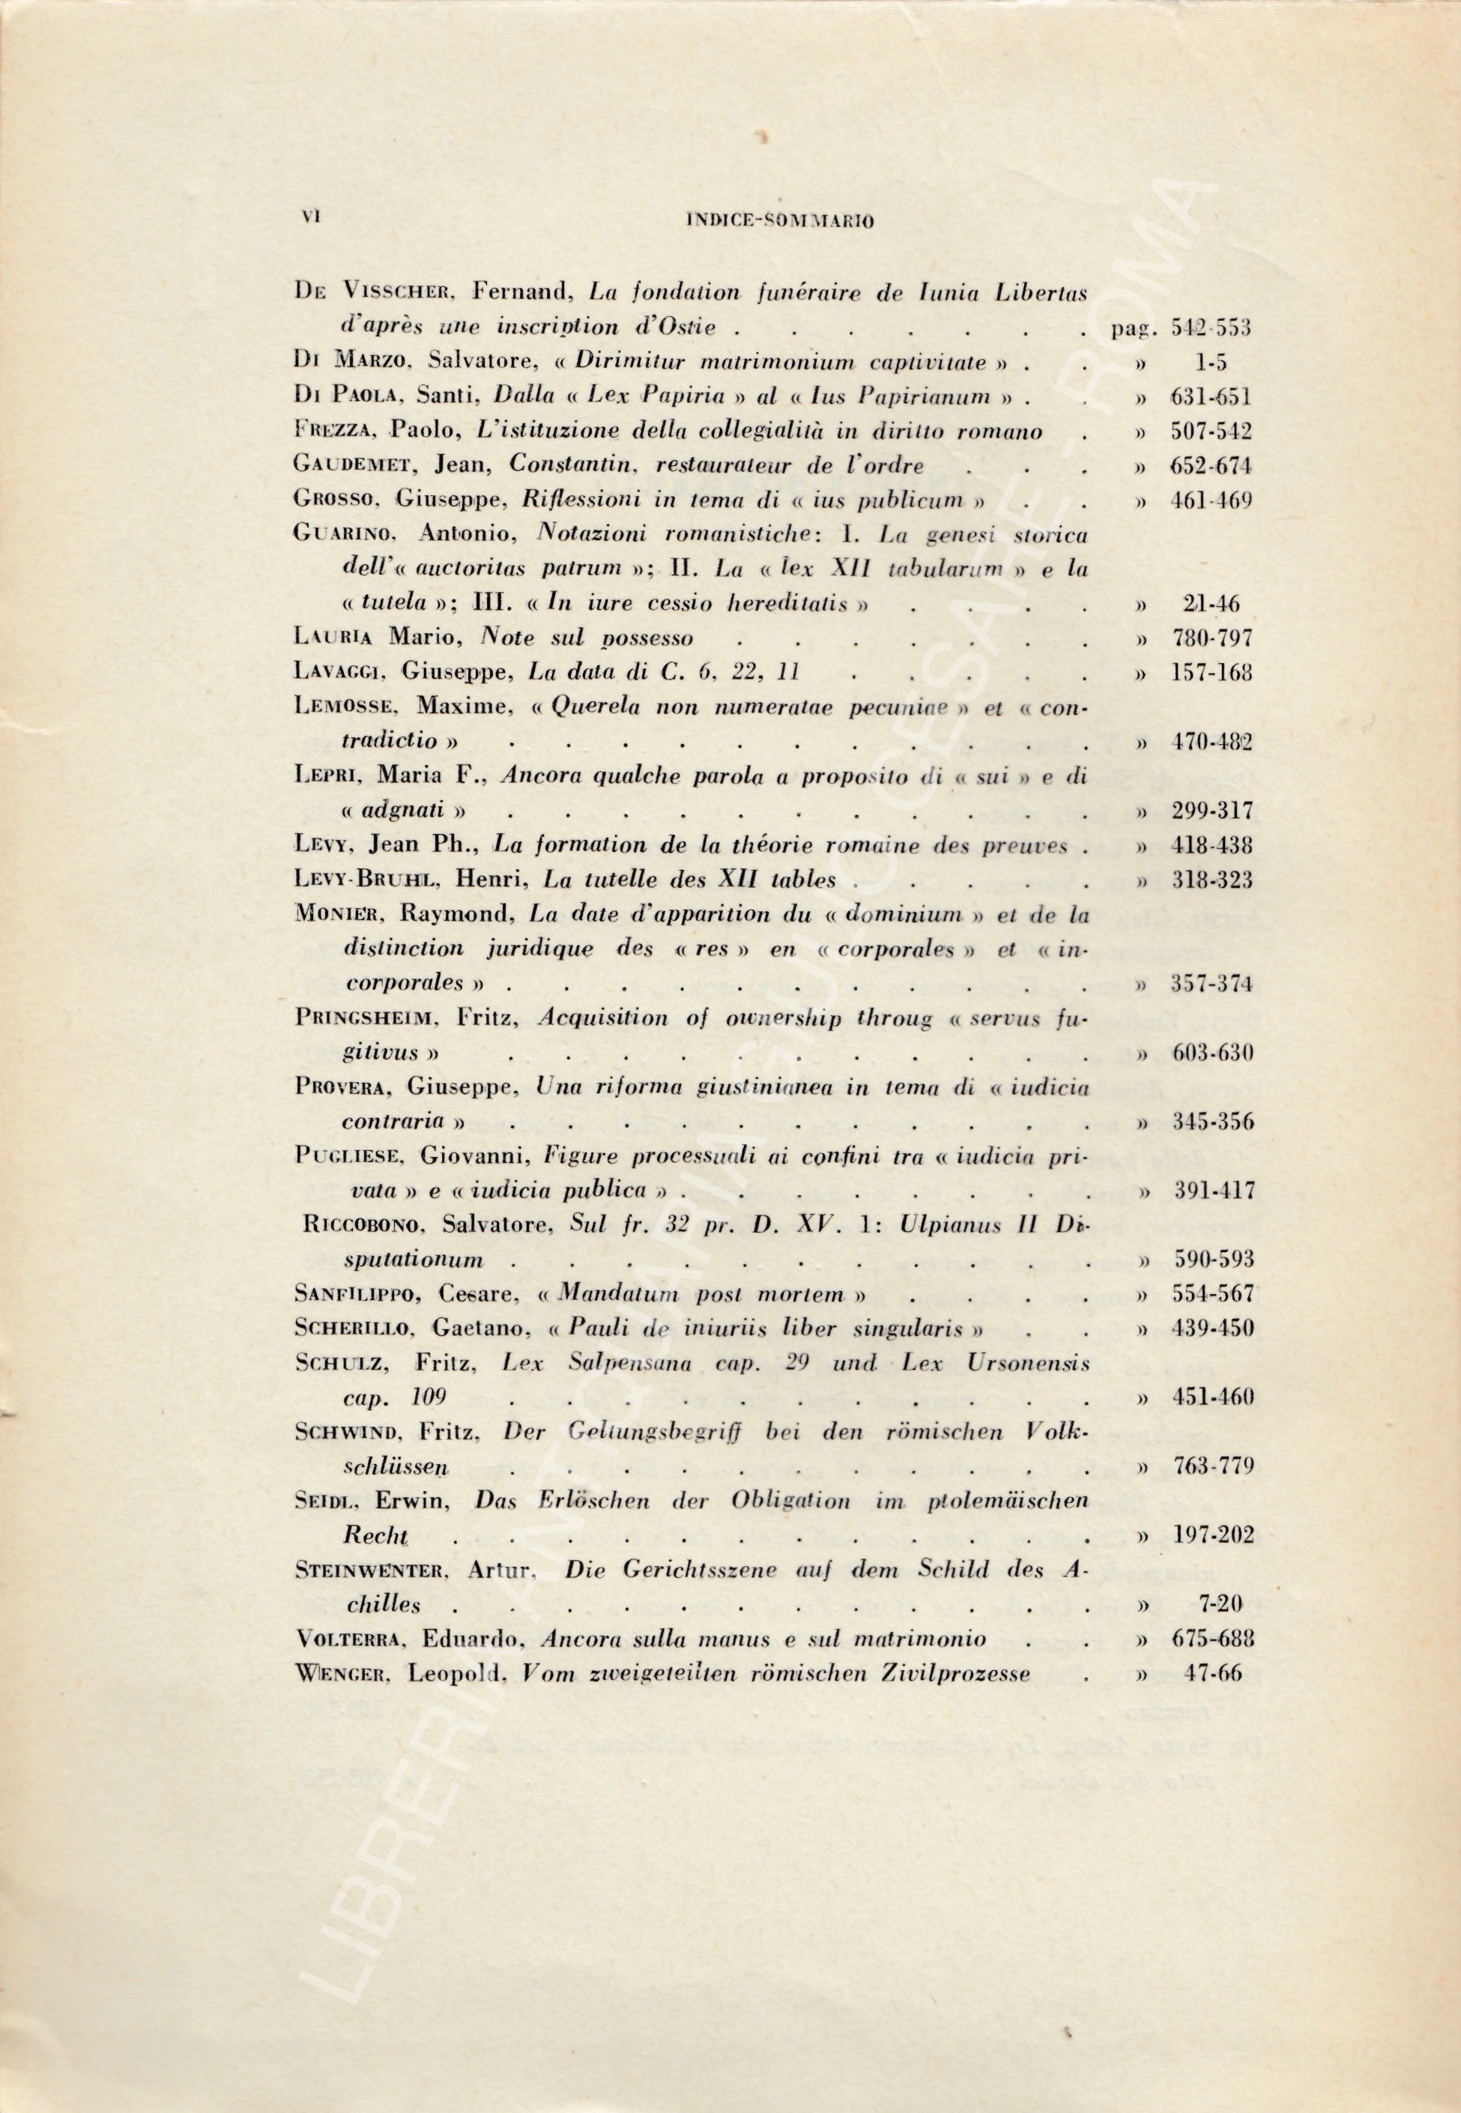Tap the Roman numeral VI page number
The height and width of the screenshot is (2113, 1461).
pos(306,218)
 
